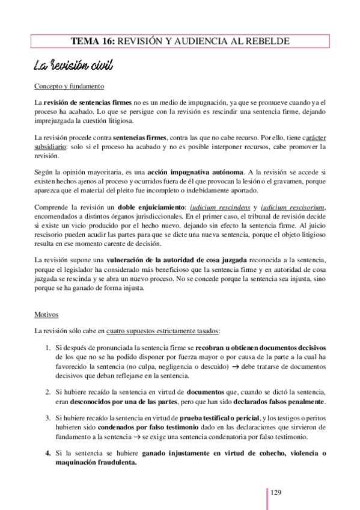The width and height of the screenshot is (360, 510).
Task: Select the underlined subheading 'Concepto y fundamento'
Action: tap(69, 85)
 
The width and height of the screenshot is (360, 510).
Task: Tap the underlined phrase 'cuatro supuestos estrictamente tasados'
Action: tap(163, 331)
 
